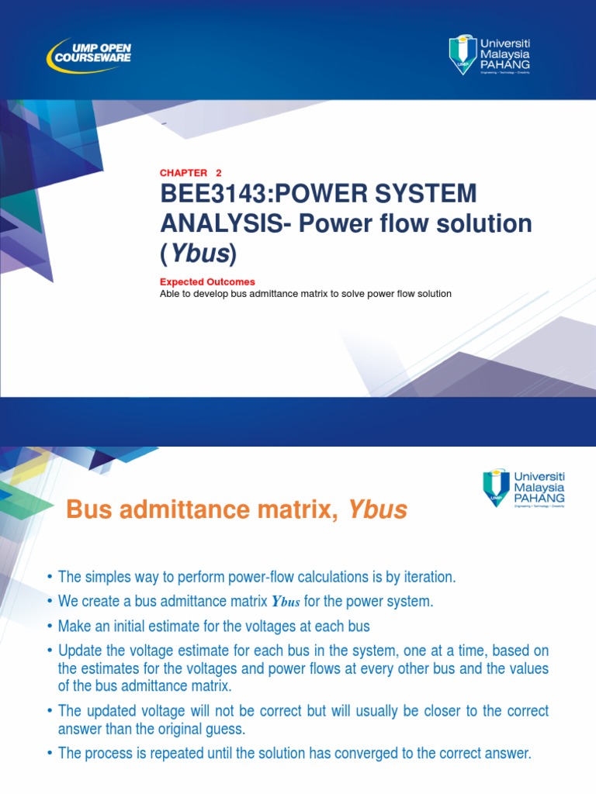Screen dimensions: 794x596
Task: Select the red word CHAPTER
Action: click(x=183, y=173)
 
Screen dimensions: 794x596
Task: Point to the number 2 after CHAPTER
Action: click(x=219, y=173)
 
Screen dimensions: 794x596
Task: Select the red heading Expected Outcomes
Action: click(x=207, y=282)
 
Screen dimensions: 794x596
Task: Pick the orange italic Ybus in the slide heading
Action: click(x=377, y=509)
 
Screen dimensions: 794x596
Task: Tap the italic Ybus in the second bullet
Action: click(x=284, y=602)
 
